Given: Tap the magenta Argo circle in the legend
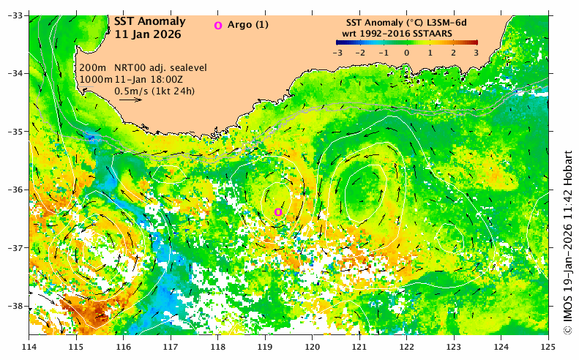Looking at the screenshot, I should coord(217,26).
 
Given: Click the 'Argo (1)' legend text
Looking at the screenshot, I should coord(249,25).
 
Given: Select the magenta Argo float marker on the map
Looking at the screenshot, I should coord(278,212).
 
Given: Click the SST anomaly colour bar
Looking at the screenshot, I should coord(406,42).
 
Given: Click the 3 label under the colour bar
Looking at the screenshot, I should coord(476,53).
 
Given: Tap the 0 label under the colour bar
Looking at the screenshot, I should coord(406,53).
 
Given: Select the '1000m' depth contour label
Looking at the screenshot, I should coord(95,79).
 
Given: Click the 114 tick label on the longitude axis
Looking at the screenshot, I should coord(29,346).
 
